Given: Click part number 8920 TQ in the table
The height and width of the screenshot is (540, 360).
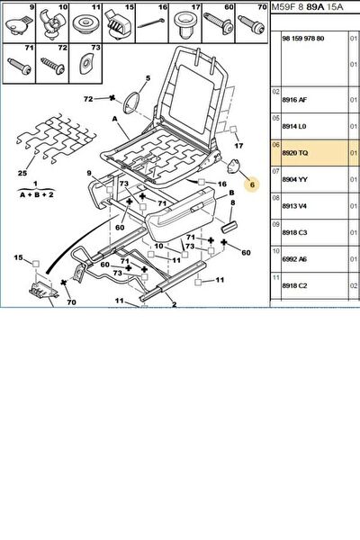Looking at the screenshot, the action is pos(295,153).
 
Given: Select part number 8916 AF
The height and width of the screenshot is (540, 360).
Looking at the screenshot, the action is pos(294,100).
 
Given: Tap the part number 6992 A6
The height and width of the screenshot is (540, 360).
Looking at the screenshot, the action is pos(294,259).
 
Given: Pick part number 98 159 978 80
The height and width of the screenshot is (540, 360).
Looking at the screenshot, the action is pos(303,39).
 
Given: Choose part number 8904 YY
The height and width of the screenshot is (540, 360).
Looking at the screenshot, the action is pos(294,179).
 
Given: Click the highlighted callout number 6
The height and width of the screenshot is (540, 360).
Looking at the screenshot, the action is pos(252,184).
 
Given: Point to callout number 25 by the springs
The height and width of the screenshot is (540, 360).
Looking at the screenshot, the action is pos(22,173).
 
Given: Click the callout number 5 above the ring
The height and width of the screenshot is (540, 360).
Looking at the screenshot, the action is pos(148,78).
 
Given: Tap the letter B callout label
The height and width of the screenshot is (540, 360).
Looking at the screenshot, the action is pos(231,193).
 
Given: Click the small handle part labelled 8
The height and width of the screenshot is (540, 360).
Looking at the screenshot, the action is pos(229,228).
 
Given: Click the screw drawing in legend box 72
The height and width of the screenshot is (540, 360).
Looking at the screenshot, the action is pos(53,66).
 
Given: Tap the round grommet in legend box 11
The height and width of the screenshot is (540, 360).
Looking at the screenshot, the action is pos(85,25).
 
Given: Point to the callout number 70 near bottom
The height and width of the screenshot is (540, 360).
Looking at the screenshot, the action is pos(71,302).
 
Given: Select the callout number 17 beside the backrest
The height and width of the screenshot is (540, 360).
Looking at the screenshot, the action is pos(238,146).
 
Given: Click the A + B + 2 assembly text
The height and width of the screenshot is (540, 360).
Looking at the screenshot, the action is pos(37,195).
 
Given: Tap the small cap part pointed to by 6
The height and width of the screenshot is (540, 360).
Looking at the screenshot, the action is pos(233,166).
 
